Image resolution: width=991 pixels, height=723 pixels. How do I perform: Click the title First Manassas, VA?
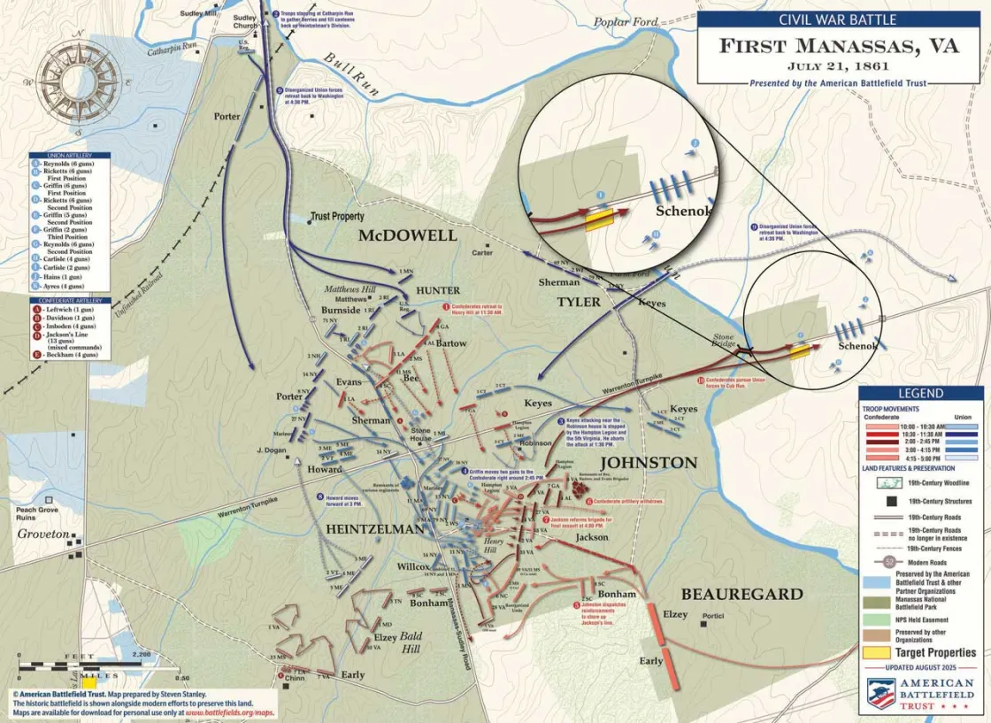point(839,46)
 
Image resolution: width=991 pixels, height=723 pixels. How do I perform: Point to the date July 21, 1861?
point(839,65)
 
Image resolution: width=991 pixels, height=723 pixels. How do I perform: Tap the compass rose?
point(80,81)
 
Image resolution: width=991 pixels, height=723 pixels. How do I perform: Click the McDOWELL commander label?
point(407,235)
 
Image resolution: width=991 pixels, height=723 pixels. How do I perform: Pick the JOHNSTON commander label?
point(649,463)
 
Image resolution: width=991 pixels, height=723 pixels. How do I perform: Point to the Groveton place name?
point(44,535)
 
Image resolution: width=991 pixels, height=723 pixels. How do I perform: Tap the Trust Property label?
point(337,217)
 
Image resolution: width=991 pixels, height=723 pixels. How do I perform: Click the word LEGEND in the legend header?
point(920,393)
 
